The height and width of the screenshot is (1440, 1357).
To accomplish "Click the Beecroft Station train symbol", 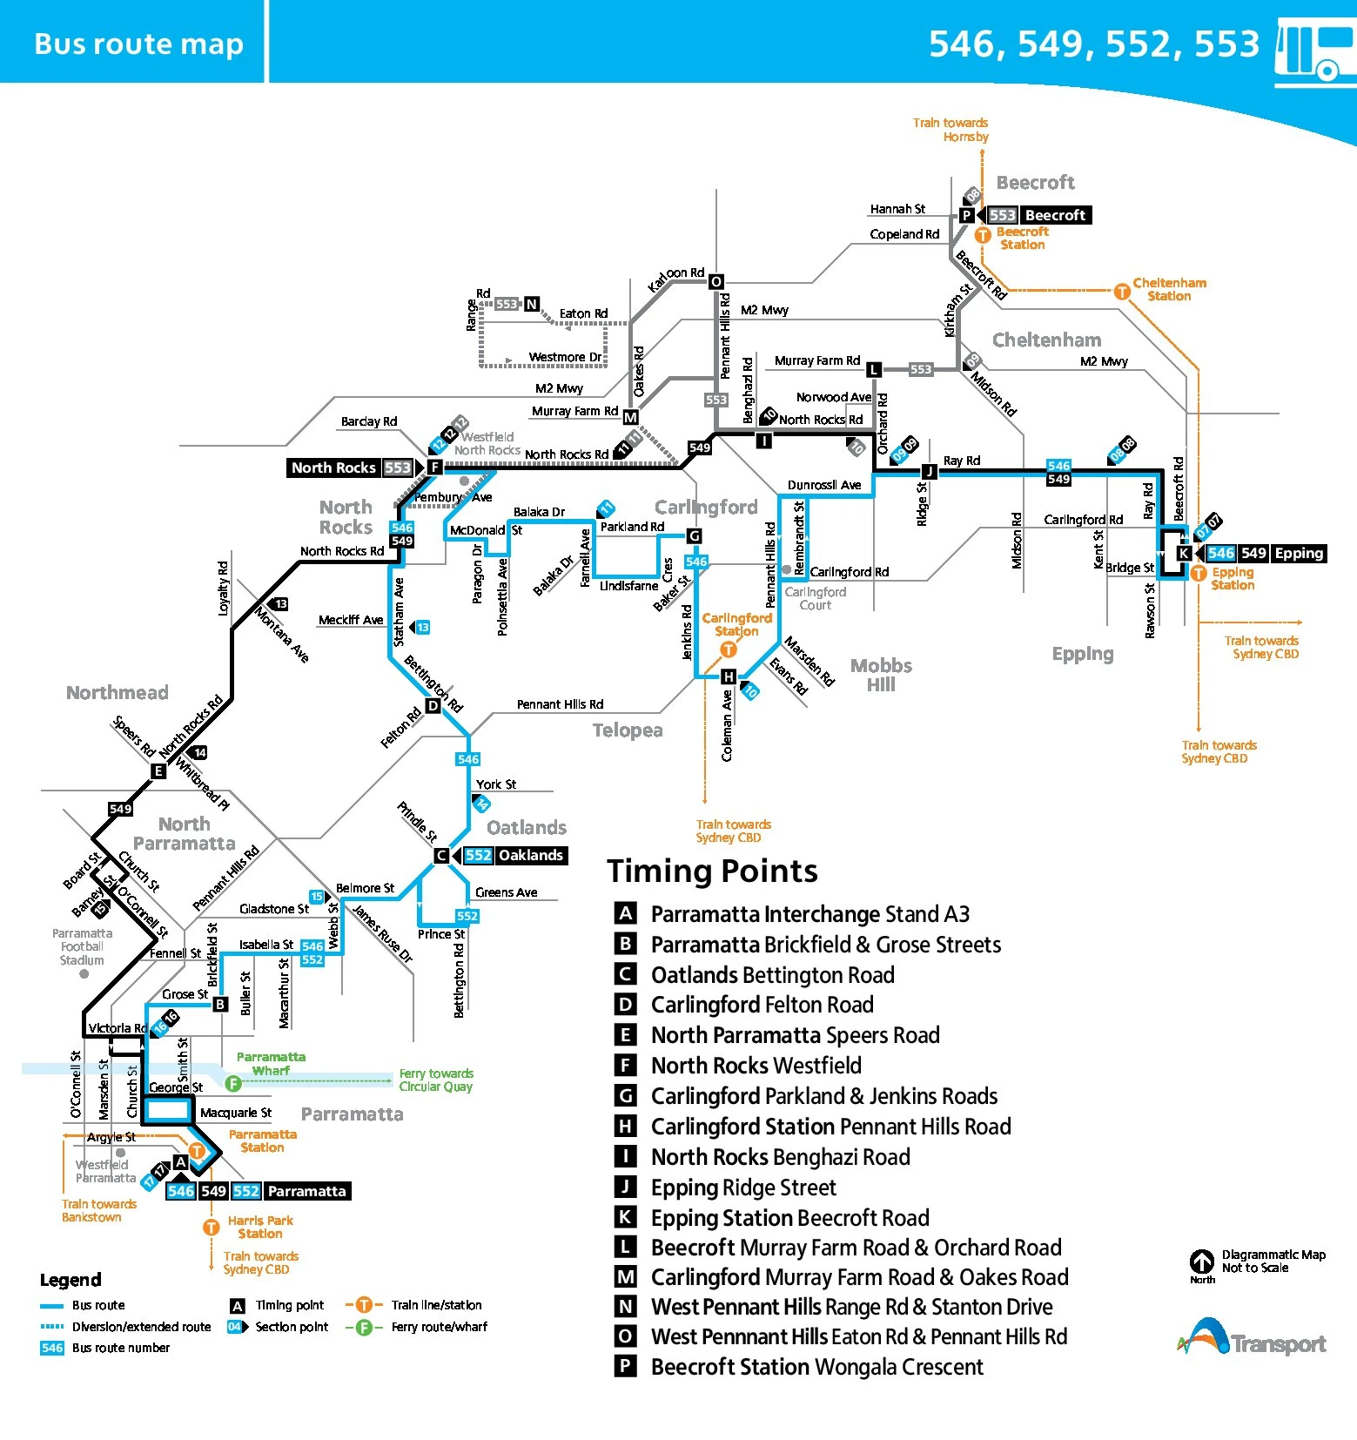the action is click(983, 235).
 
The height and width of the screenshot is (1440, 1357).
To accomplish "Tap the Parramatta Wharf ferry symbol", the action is click(232, 1083).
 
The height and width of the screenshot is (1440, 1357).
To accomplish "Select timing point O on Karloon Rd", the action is click(715, 281).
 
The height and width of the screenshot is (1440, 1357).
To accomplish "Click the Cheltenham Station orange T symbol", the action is click(1122, 292).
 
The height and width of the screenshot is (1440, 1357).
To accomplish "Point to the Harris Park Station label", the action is click(260, 1227).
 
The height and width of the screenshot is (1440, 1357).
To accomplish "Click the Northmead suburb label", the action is click(118, 693).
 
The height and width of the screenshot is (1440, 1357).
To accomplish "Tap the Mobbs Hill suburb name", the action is click(881, 675).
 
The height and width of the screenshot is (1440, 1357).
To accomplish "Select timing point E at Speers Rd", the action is click(158, 770).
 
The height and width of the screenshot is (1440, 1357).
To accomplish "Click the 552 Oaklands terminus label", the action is click(514, 855).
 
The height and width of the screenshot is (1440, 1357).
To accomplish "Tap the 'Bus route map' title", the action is click(138, 44).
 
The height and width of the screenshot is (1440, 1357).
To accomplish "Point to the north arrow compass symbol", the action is click(1202, 1262).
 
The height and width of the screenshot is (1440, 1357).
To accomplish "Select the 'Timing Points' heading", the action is click(712, 871).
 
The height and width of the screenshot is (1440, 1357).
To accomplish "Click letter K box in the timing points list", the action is click(625, 1217).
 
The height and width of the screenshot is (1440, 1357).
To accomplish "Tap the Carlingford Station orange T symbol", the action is click(729, 649).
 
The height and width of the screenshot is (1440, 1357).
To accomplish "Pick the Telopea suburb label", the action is click(628, 730).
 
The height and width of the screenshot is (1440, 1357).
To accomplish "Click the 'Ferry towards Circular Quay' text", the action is click(436, 1080).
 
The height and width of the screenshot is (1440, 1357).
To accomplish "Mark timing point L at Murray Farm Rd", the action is click(874, 370).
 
